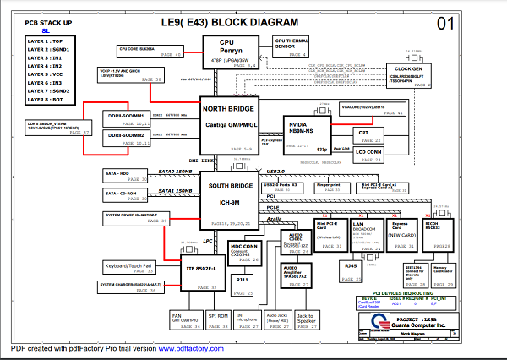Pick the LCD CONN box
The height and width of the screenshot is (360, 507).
tap(369, 154)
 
